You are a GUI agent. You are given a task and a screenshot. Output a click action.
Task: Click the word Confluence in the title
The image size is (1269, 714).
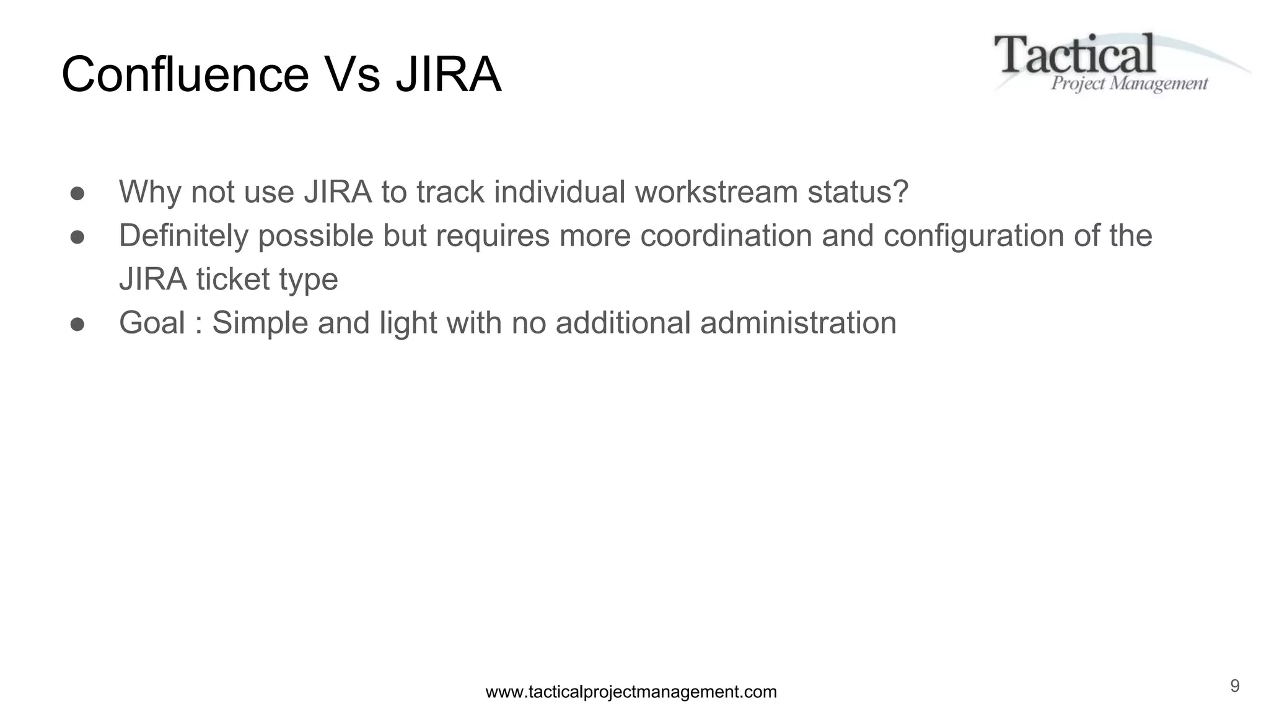point(185,75)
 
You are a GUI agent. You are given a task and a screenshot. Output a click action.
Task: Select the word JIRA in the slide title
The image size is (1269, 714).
point(448,75)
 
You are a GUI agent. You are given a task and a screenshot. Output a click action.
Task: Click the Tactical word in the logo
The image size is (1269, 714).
point(1074,55)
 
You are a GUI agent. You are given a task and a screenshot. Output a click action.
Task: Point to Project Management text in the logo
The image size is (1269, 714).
point(1129,84)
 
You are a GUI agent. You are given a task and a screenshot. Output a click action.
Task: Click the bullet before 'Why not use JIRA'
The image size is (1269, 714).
point(77,193)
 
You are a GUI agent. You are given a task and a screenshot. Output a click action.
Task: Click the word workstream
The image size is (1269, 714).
point(716,192)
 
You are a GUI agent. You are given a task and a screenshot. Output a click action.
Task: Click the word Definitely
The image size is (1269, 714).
point(183,236)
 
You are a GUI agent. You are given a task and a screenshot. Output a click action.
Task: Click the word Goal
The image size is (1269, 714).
point(152,323)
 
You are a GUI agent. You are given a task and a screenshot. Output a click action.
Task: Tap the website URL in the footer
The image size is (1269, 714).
point(631,692)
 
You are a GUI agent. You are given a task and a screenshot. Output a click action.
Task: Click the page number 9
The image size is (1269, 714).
point(1234,686)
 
